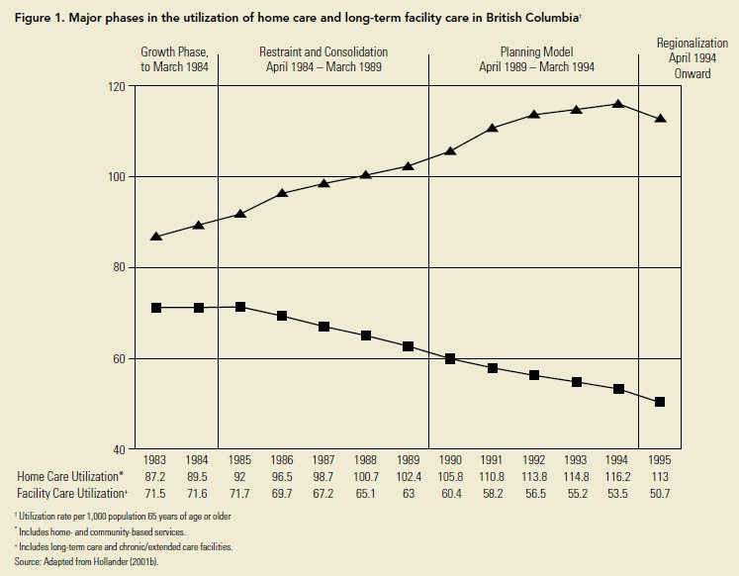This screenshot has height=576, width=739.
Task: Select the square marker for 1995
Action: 660,402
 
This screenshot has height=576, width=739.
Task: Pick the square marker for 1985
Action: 240,307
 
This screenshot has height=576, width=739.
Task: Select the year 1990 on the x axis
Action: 450,459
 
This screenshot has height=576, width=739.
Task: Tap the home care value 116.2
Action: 617,476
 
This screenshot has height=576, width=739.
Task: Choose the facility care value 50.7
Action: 659,492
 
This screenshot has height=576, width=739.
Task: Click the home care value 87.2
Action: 156,476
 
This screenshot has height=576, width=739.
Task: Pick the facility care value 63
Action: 408,492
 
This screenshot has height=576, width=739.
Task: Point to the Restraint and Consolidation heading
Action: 323,59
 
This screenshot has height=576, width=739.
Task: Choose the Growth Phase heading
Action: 174,59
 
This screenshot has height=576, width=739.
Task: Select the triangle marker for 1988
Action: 366,174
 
